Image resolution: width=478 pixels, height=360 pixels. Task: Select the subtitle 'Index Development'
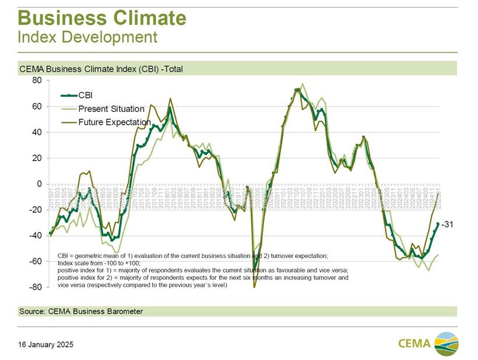pos(87,37)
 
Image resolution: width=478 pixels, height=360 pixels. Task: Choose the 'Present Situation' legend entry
pos(111,108)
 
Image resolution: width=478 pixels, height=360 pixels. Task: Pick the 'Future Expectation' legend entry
pos(114,122)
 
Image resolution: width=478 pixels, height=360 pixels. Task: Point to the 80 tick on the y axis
pos(36,80)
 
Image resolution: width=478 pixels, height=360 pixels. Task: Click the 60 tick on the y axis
pos(36,107)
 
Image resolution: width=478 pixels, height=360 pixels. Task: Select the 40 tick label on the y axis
pos(36,132)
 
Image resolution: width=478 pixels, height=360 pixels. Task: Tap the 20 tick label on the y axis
pos(36,158)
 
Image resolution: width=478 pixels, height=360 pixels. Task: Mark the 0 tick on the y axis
pos(39,184)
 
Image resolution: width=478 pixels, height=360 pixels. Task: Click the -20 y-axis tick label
pos(34,210)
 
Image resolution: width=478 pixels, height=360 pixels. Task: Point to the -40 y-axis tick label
pos(34,235)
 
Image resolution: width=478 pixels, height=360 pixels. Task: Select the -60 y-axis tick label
pos(34,262)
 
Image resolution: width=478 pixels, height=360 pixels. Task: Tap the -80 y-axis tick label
pos(34,287)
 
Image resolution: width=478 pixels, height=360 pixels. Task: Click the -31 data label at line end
pos(447,224)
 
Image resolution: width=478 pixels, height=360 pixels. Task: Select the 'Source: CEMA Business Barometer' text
pos(81,312)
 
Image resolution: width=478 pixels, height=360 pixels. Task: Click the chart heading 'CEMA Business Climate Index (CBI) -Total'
pos(101,69)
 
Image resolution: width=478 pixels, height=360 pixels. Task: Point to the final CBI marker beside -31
pos(438,224)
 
